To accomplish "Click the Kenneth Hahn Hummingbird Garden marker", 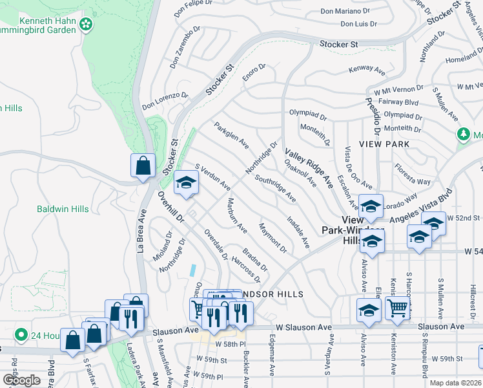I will click(85, 26).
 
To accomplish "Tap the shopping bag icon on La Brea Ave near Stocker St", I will click(142, 166).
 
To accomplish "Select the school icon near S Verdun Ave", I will click(186, 183).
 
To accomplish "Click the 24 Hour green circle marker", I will click(21, 335).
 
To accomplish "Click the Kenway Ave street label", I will click(366, 69).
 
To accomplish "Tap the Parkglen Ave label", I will click(231, 135).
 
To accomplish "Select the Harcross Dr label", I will click(245, 270).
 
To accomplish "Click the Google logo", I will click(21, 380).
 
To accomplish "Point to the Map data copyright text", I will click(456, 383).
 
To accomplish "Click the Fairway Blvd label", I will click(398, 102).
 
